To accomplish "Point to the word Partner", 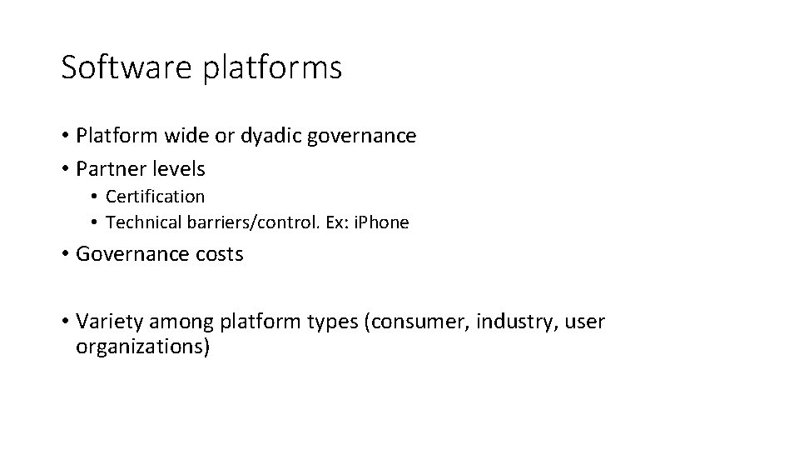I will pyautogui.click(x=108, y=168).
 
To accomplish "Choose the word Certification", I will pyautogui.click(x=155, y=197).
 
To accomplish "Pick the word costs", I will pyautogui.click(x=217, y=254).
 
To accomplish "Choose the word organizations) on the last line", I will pyautogui.click(x=143, y=347).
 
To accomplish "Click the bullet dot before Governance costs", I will pyautogui.click(x=65, y=255).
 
